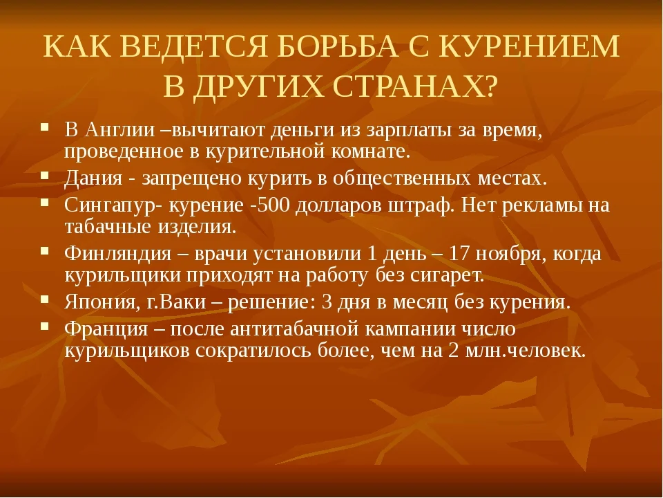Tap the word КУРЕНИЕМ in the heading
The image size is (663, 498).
[530, 46]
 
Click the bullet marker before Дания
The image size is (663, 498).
[45, 175]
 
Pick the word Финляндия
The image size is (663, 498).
[118, 254]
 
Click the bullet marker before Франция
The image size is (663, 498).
[45, 326]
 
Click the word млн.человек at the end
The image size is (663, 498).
[526, 351]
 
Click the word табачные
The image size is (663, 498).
[108, 227]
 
